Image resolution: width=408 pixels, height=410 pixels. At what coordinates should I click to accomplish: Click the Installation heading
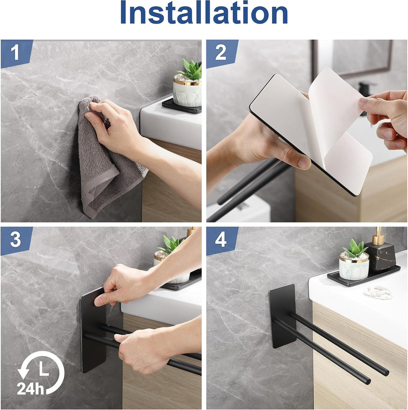(204, 12)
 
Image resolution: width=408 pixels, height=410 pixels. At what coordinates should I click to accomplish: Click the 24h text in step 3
(30, 388)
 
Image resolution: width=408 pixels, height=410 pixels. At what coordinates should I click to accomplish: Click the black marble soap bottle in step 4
(379, 256)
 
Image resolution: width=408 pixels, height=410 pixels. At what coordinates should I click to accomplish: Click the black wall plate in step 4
(283, 316)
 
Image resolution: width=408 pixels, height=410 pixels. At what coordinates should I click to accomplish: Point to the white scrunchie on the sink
(378, 292)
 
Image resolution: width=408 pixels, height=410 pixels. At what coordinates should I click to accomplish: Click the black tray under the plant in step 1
(182, 106)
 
